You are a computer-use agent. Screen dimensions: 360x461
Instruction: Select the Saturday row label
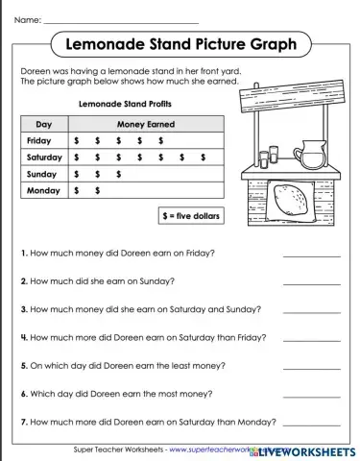tap(44, 157)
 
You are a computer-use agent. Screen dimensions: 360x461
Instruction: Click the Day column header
tap(44, 124)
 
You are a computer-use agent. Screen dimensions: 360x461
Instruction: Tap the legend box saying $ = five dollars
tap(190, 216)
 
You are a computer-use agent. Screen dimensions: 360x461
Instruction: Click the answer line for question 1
tap(311, 256)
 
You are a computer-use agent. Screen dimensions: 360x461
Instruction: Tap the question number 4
tap(24, 338)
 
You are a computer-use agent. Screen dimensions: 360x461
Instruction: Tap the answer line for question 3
tap(311, 313)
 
